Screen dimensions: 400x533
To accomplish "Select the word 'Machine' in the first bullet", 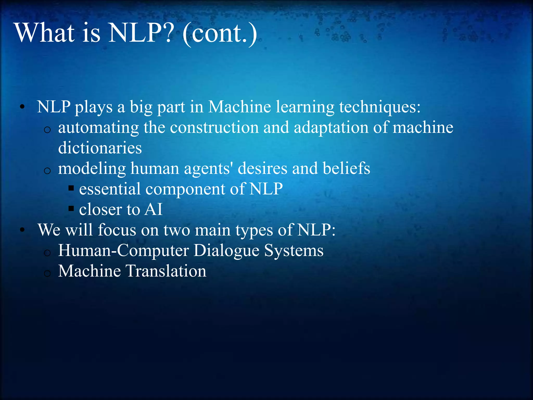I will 239,107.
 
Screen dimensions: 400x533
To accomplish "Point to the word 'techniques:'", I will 380,107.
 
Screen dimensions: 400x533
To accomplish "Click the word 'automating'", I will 98,128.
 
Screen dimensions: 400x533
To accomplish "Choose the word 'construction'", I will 214,128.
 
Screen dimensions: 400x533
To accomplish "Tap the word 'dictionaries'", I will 100,148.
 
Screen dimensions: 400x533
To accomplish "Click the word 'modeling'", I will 92,169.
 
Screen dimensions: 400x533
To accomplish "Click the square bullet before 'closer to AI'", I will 71,208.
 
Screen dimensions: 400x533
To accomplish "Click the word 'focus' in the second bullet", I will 117,230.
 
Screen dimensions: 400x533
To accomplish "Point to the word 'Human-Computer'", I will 123,251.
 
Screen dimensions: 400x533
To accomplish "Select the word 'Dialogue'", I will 226,251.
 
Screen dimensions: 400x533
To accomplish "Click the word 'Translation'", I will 166,271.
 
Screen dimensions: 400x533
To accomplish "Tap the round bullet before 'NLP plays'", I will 22,107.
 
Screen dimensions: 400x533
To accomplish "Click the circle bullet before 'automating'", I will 47,130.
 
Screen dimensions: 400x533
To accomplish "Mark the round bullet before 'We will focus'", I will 22,230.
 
